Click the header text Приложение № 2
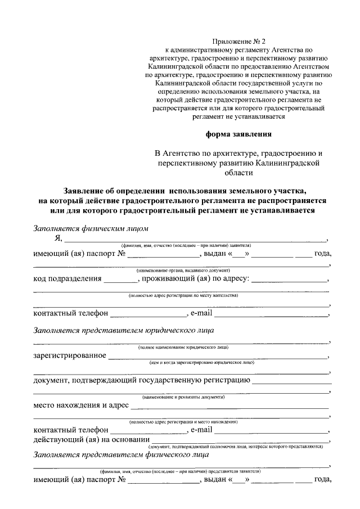[x=237, y=41]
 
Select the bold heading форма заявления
[x=237, y=134]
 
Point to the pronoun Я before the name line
[x=57, y=238]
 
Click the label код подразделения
[x=67, y=278]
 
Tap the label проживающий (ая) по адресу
[x=196, y=278]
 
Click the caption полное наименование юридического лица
[x=183, y=348]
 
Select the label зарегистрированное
[x=70, y=355]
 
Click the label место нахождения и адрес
[x=81, y=404]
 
